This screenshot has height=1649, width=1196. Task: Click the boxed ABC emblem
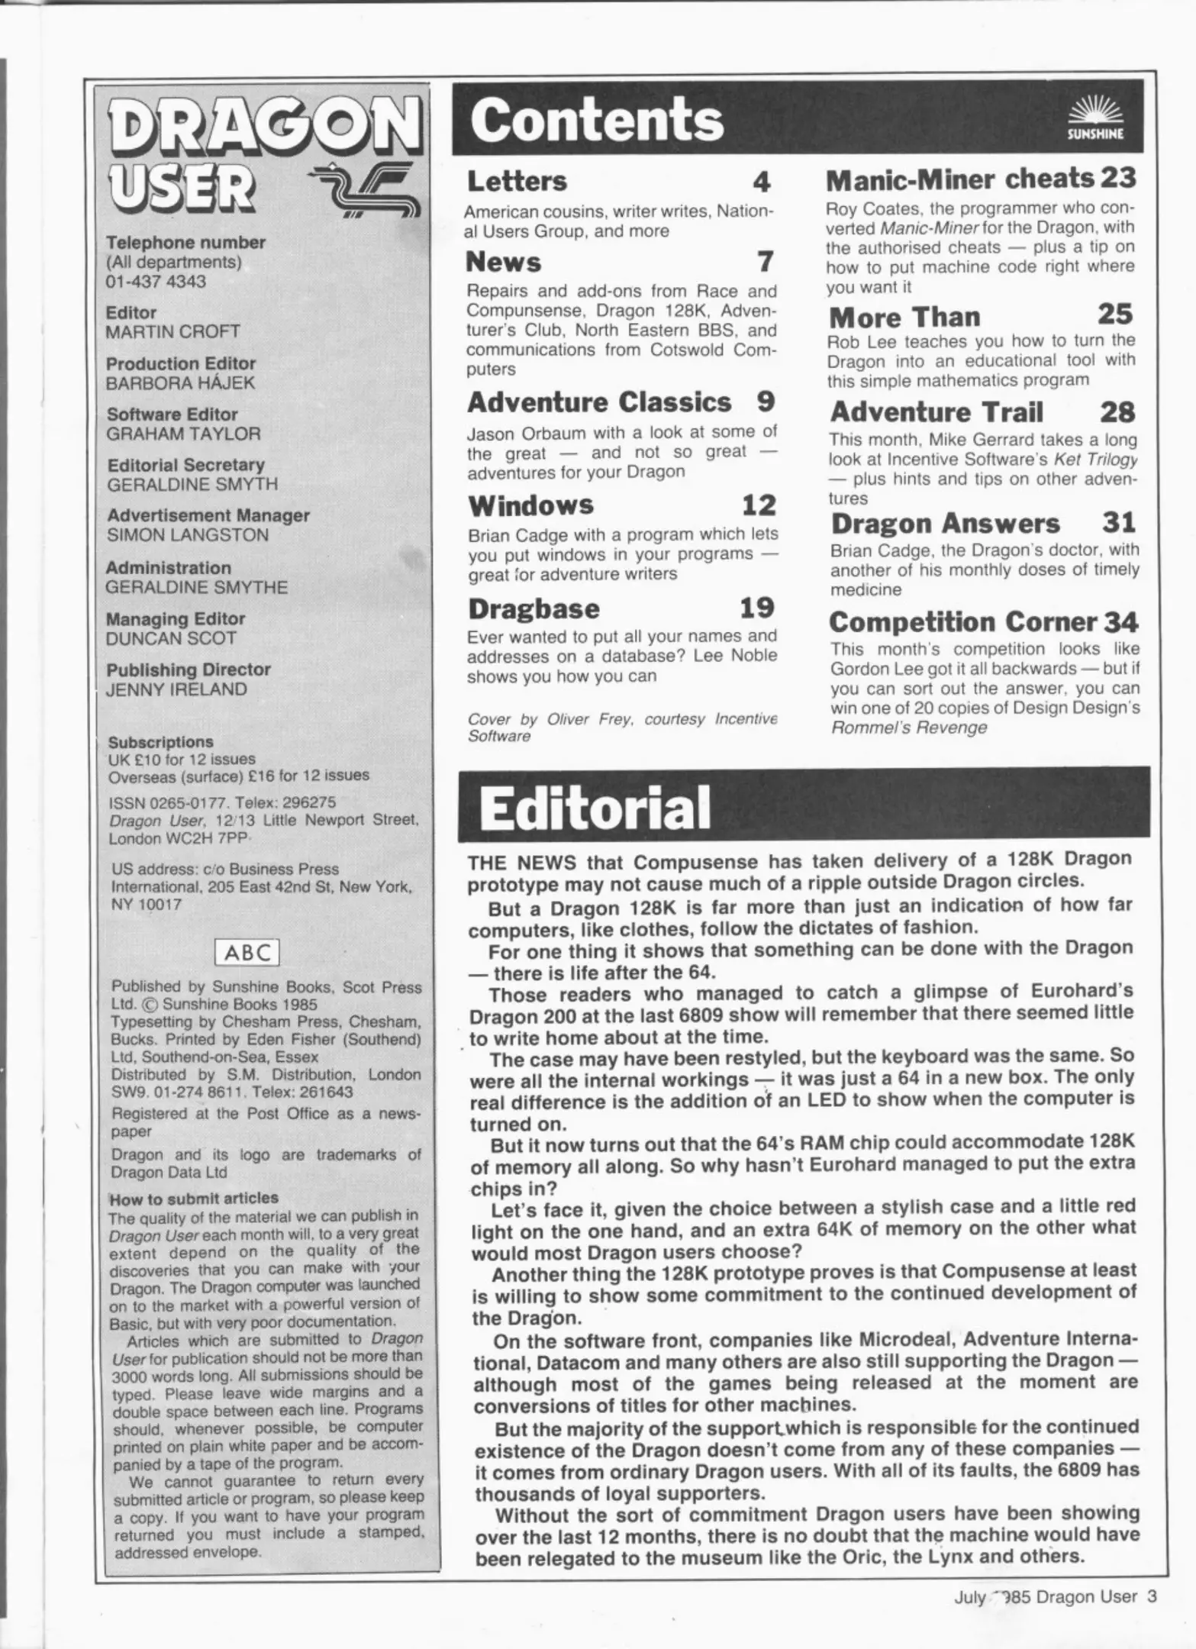[x=248, y=952]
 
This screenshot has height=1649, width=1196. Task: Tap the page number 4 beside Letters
[x=761, y=182]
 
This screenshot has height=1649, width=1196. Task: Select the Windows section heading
[x=530, y=505]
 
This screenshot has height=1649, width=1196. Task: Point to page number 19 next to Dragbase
[x=757, y=608]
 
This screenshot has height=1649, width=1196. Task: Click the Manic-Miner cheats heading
[x=960, y=179]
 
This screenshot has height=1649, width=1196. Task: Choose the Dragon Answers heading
[x=945, y=524]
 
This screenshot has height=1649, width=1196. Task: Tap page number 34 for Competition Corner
[x=1120, y=622]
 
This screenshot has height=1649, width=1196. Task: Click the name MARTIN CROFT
[x=172, y=332]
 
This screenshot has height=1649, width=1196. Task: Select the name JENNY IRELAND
[x=176, y=689]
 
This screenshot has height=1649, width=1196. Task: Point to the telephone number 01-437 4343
[x=156, y=282]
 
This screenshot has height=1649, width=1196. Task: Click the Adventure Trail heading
[x=936, y=412]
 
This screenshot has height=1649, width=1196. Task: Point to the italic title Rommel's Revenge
[x=908, y=728]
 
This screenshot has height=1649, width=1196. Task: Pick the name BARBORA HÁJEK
[x=180, y=382]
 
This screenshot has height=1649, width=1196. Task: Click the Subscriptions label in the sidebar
[x=160, y=742]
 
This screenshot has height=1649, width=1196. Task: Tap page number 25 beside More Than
[x=1115, y=315]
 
